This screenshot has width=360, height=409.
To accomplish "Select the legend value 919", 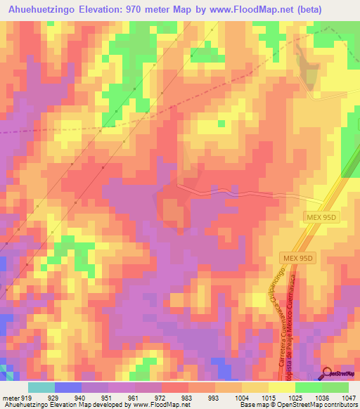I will click(28, 397).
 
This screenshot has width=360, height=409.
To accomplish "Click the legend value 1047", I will click(348, 397).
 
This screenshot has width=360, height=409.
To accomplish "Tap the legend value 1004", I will click(241, 397).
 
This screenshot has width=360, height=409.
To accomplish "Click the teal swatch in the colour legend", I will click(41, 387).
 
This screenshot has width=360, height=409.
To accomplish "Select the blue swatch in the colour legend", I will click(68, 387).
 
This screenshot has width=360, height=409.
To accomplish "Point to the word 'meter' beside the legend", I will click(10, 397).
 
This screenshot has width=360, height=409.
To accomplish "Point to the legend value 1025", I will click(295, 397).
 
